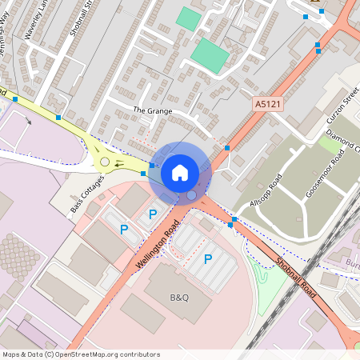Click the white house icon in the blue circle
180,173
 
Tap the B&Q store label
179,298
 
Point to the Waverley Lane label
38,32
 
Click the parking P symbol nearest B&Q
208,258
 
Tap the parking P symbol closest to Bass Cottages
124,230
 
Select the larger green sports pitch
210,54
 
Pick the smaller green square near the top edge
189,18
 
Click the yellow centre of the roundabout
105,162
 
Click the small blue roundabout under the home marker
191,194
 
